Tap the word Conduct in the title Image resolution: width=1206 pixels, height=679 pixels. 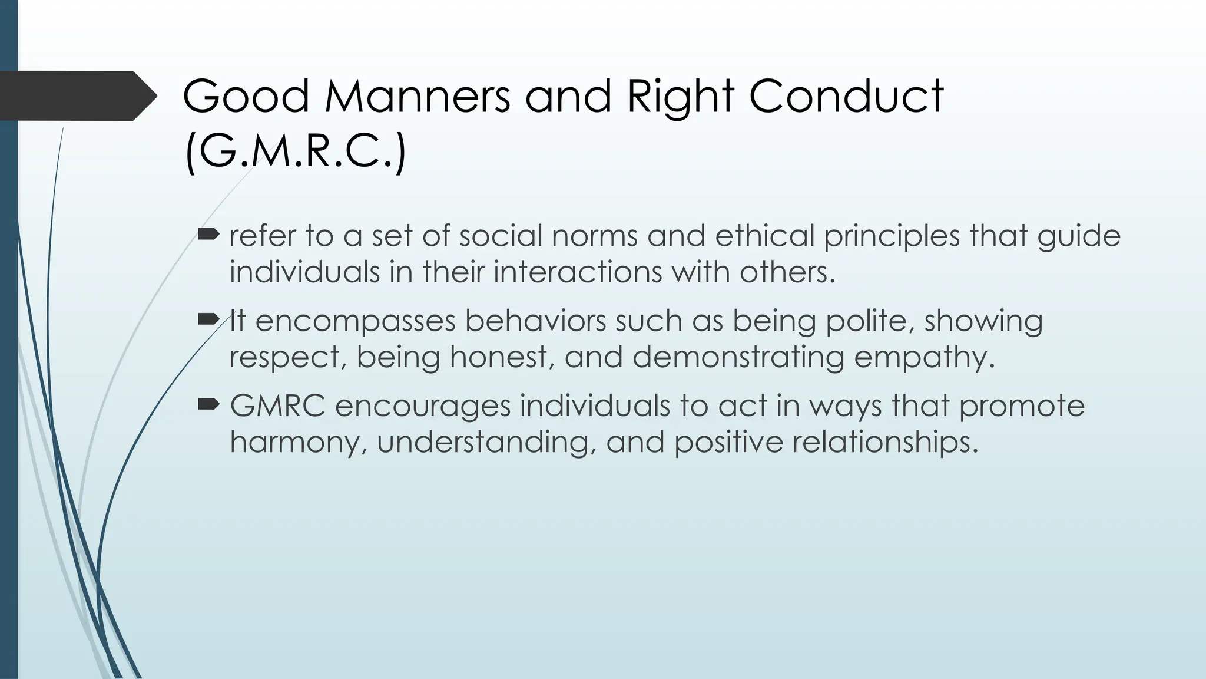[x=846, y=96]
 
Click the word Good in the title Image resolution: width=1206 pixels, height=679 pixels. [x=246, y=96]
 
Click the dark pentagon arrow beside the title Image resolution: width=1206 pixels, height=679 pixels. [x=77, y=96]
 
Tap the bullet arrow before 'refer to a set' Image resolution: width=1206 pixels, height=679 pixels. [x=208, y=236]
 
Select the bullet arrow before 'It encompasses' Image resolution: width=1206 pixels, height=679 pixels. [x=208, y=321]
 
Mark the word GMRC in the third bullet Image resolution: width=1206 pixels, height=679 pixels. [x=277, y=406]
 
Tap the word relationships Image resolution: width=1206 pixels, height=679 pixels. [x=884, y=443]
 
